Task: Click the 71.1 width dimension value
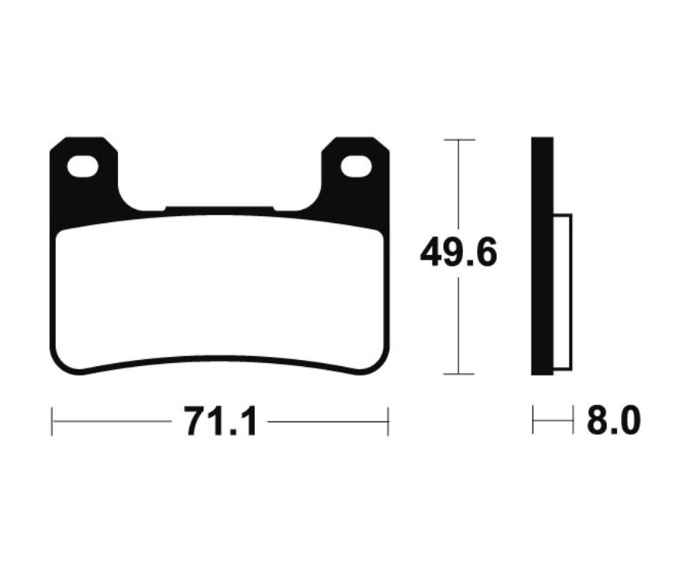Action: click(x=220, y=421)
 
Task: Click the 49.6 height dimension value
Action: click(x=459, y=253)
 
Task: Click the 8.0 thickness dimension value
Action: click(x=613, y=421)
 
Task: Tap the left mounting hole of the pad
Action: click(x=83, y=165)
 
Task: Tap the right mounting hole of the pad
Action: click(x=355, y=166)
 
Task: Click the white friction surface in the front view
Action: click(x=220, y=295)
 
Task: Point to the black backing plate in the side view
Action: click(x=542, y=257)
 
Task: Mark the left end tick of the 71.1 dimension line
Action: click(x=52, y=421)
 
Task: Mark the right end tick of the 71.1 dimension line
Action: click(x=388, y=421)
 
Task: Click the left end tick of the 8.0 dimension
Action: click(x=533, y=421)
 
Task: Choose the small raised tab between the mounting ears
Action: click(x=220, y=208)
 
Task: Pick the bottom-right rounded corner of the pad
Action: click(x=380, y=364)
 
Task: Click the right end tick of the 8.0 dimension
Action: click(x=573, y=421)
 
